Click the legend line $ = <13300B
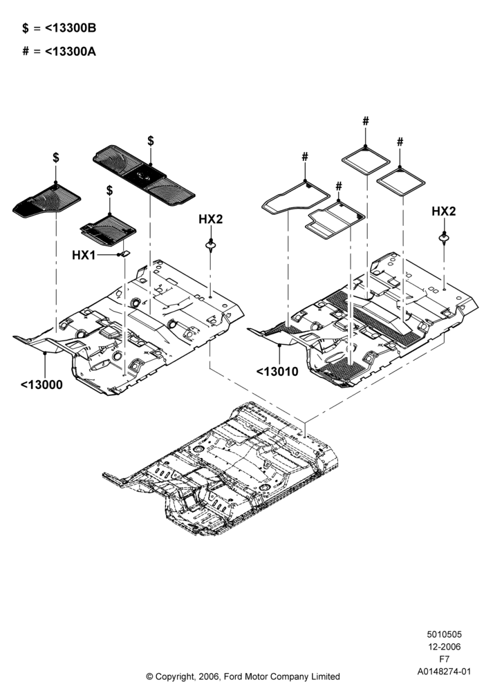pyautogui.click(x=59, y=28)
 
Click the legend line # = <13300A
pyautogui.click(x=59, y=52)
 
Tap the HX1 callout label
pyautogui.click(x=84, y=255)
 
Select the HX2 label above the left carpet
pyautogui.click(x=211, y=219)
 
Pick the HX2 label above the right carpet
pyautogui.click(x=443, y=211)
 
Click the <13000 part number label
pyautogui.click(x=41, y=385)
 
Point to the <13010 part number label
pyautogui.click(x=277, y=372)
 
